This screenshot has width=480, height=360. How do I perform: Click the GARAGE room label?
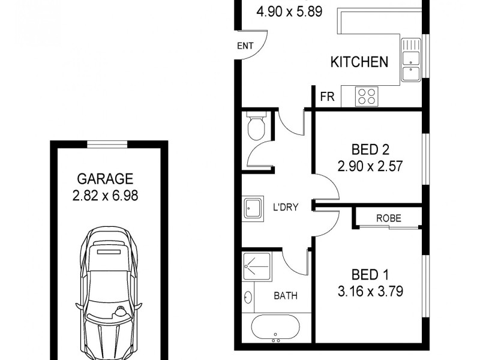pyautogui.click(x=104, y=178)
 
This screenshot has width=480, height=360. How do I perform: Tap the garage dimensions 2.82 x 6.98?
pyautogui.click(x=104, y=196)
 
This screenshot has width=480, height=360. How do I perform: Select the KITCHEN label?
pyautogui.click(x=359, y=62)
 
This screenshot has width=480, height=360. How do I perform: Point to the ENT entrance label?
pyautogui.click(x=245, y=46)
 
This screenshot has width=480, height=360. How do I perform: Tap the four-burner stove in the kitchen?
pyautogui.click(x=367, y=96)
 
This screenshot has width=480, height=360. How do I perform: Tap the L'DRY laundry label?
pyautogui.click(x=286, y=207)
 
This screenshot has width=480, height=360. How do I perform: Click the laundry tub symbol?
pyautogui.click(x=253, y=208)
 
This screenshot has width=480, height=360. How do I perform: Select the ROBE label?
pyautogui.click(x=388, y=218)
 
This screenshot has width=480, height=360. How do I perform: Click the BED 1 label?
pyautogui.click(x=370, y=275)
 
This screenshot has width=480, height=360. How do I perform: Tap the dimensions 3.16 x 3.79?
pyautogui.click(x=370, y=292)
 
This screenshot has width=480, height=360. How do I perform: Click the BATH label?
pyautogui.click(x=286, y=296)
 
